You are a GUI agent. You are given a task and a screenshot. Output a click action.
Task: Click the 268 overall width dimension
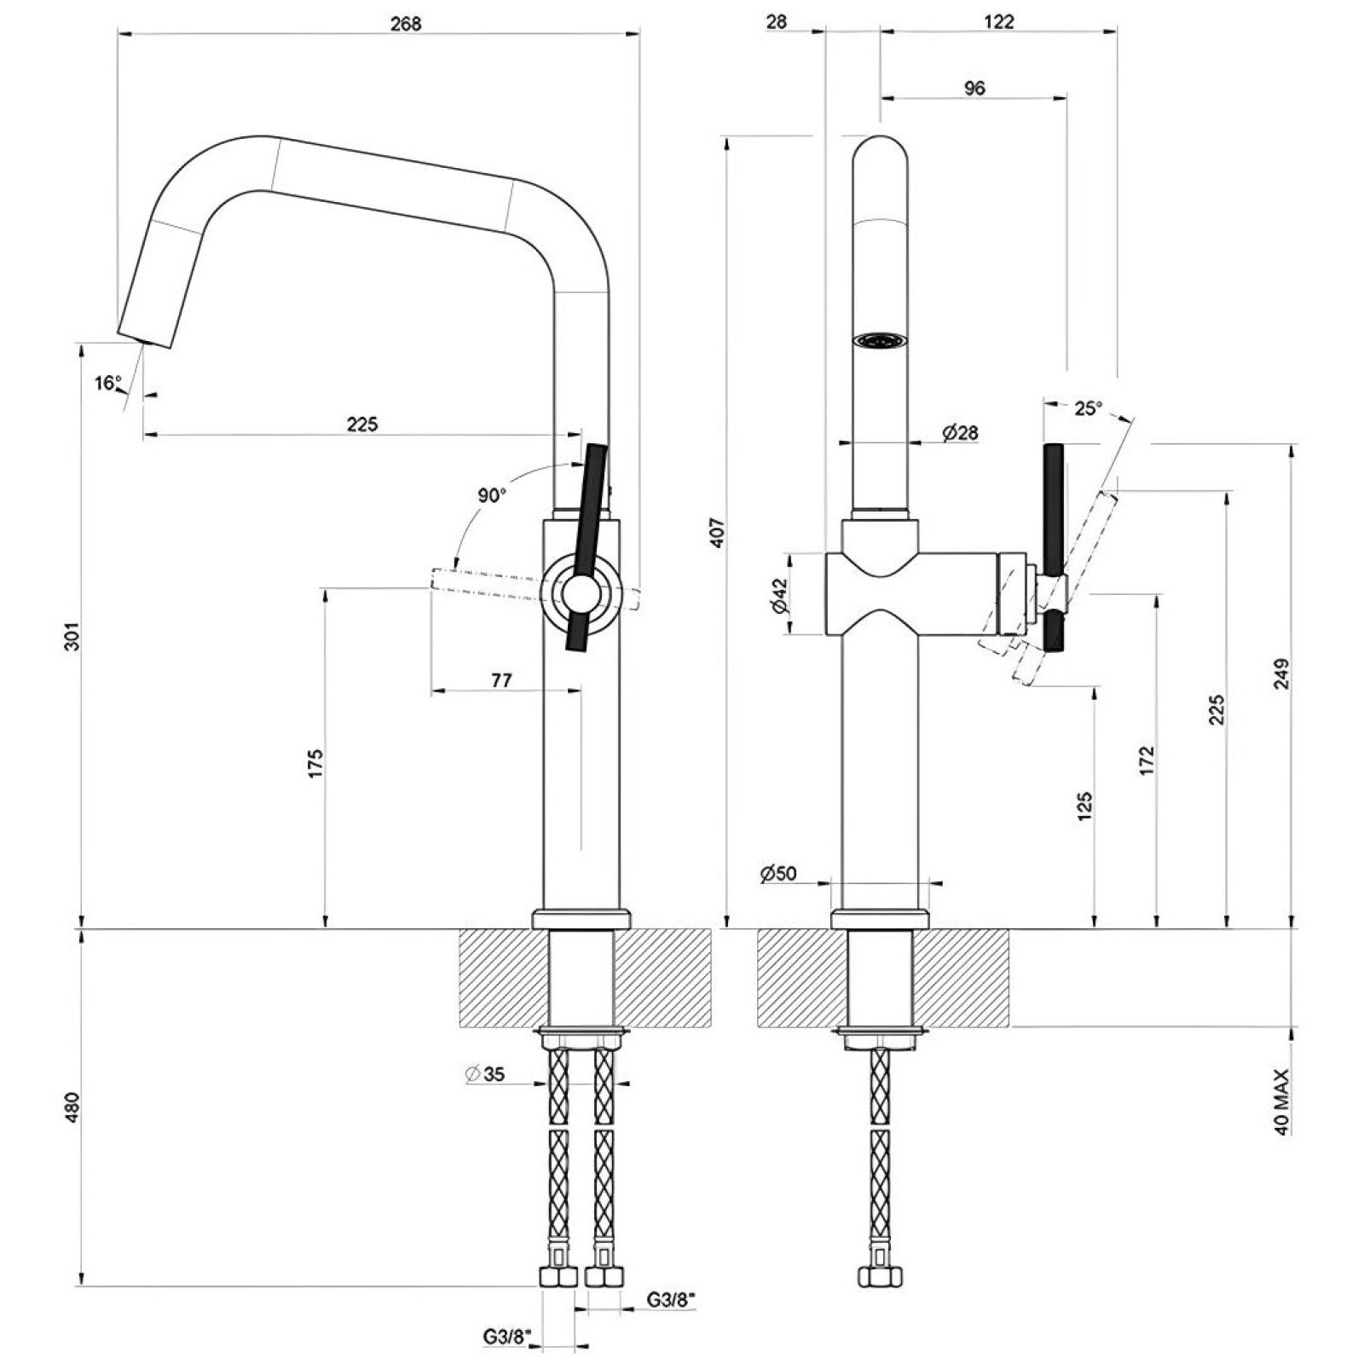click(406, 23)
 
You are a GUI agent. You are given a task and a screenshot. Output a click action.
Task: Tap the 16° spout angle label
click(108, 383)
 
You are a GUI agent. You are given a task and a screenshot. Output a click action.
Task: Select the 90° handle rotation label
click(492, 495)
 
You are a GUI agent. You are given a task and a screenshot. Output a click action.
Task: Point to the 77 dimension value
click(501, 679)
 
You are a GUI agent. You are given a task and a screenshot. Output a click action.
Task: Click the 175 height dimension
click(315, 763)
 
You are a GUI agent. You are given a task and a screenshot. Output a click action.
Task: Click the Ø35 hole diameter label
click(486, 1074)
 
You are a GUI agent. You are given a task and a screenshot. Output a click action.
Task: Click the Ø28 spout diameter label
click(960, 433)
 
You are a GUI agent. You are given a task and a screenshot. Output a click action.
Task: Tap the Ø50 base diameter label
click(777, 873)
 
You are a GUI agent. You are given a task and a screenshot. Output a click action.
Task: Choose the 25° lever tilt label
click(1087, 408)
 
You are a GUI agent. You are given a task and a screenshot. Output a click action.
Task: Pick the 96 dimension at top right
click(974, 88)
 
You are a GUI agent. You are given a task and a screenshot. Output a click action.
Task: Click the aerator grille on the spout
click(880, 341)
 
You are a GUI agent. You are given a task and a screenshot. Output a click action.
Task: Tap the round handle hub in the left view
click(579, 592)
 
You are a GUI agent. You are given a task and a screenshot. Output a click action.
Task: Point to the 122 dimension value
click(998, 21)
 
